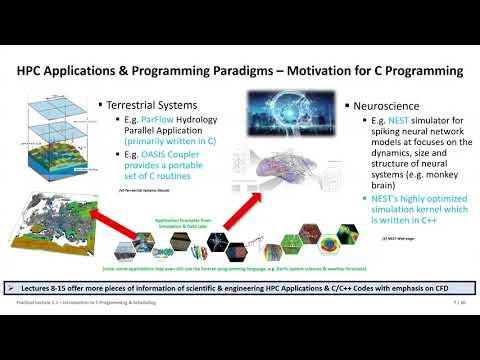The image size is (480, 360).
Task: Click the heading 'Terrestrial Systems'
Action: tap(149, 105)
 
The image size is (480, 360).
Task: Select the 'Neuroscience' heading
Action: tap(391, 105)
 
